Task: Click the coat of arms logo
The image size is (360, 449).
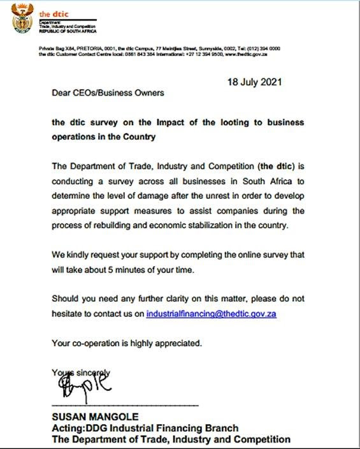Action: pyautogui.click(x=24, y=17)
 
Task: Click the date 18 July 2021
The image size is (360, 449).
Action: pyautogui.click(x=255, y=82)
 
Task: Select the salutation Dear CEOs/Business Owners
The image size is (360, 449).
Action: pyautogui.click(x=108, y=93)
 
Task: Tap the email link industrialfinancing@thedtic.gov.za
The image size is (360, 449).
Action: pyautogui.click(x=211, y=314)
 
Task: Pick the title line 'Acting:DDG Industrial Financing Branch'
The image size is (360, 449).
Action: pyautogui.click(x=145, y=428)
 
